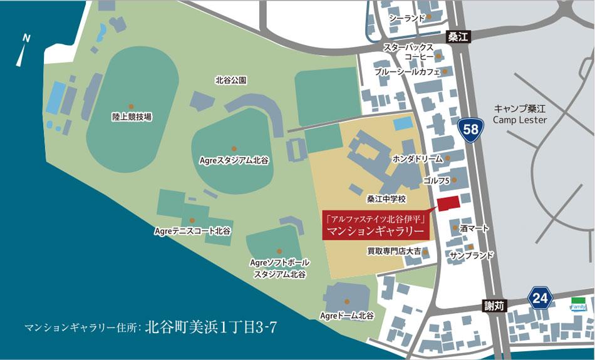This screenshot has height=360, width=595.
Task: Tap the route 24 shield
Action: pyautogui.click(x=541, y=297)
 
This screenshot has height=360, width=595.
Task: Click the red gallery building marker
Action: pyautogui.click(x=448, y=203)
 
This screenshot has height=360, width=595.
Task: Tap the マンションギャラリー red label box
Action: pyautogui.click(x=378, y=225)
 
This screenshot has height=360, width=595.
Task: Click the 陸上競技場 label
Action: pyautogui.click(x=132, y=116)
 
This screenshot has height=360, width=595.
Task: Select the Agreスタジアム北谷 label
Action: pyautogui.click(x=234, y=160)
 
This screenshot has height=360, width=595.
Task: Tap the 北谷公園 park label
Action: pyautogui.click(x=230, y=80)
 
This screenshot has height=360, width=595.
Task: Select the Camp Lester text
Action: pyautogui.click(x=520, y=120)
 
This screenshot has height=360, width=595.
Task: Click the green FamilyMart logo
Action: pyautogui.click(x=577, y=304)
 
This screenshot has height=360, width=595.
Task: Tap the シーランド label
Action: pyautogui.click(x=407, y=18)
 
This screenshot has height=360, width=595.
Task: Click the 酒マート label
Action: pyautogui.click(x=474, y=229)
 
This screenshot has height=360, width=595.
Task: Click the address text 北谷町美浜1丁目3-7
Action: pyautogui.click(x=210, y=327)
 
